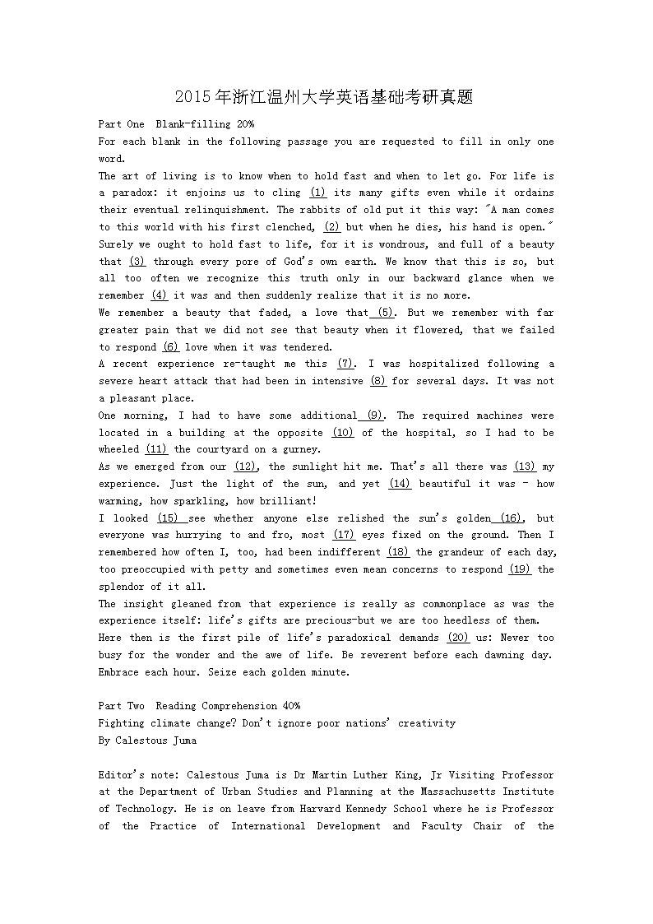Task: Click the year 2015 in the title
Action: (193, 98)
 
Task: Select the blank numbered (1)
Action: (317, 193)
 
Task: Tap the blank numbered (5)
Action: (386, 313)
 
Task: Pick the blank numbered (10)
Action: (343, 433)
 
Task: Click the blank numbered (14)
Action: (400, 484)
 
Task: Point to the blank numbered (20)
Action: (458, 638)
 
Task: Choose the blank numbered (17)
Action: (343, 535)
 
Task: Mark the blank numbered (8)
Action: (378, 381)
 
